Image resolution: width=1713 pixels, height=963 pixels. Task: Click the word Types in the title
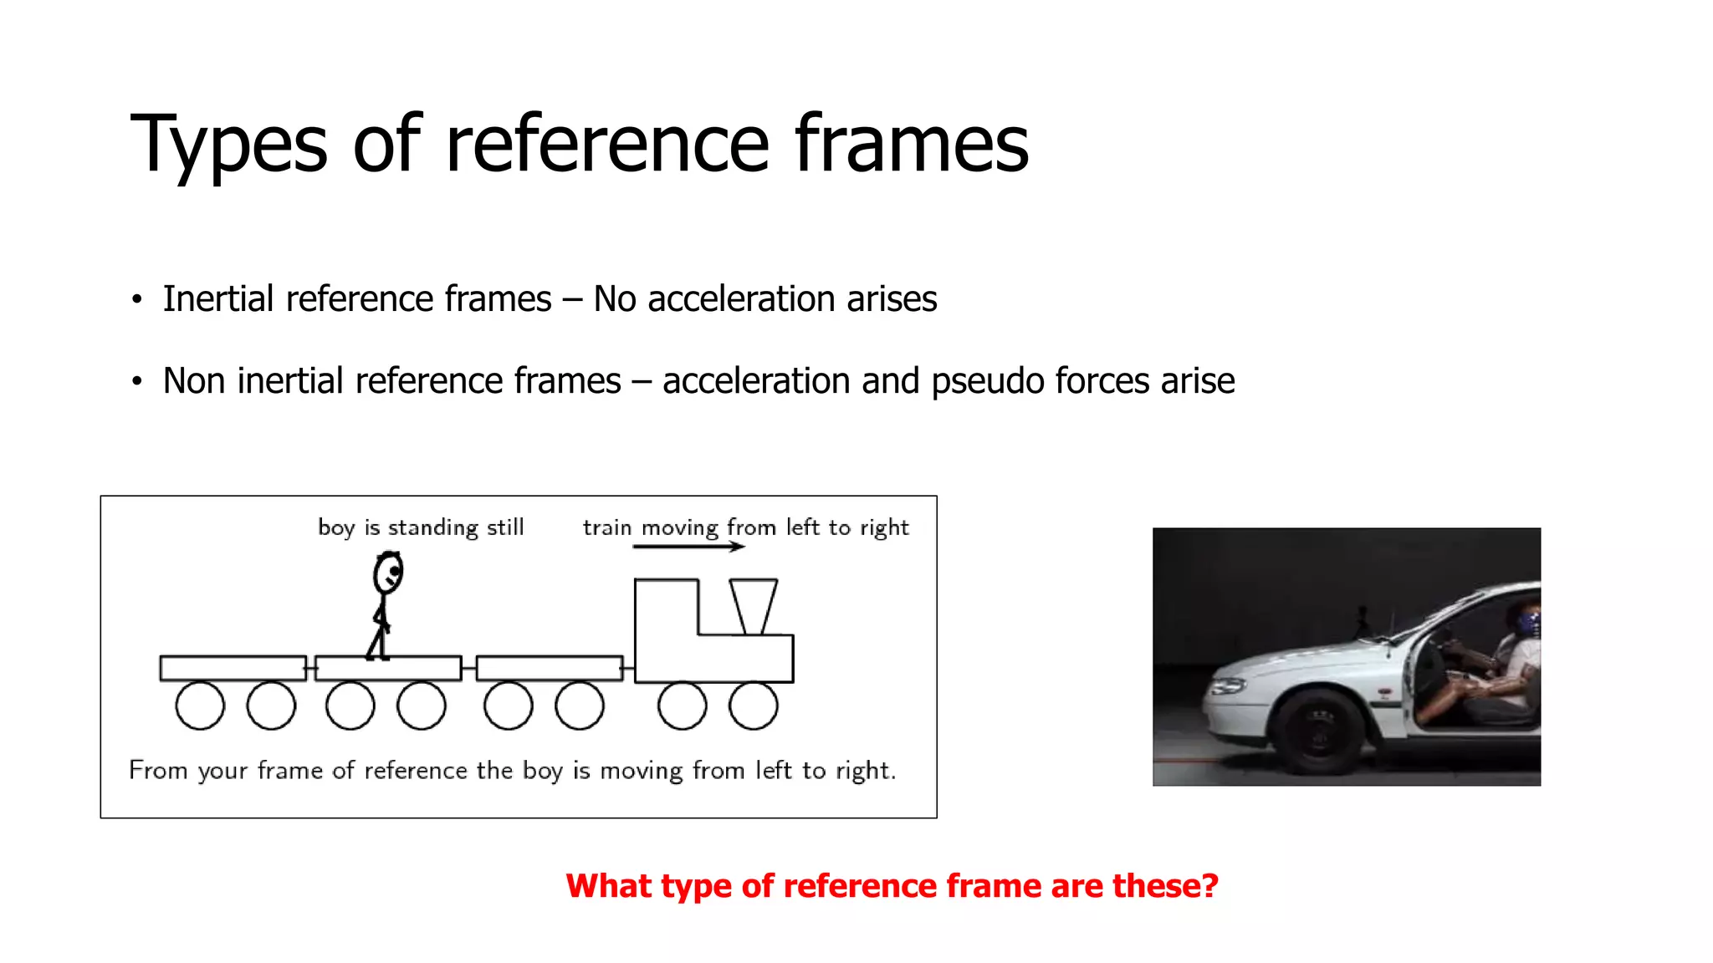click(x=228, y=145)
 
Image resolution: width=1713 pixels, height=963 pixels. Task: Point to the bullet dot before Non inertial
click(x=137, y=382)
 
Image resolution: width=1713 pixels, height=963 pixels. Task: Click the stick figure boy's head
click(x=387, y=573)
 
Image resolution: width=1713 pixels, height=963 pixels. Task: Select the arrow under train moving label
click(x=688, y=547)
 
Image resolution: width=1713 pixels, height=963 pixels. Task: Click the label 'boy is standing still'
click(x=421, y=527)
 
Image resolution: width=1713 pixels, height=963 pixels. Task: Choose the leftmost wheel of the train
click(x=200, y=706)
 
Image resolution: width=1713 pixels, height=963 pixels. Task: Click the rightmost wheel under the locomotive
click(x=753, y=706)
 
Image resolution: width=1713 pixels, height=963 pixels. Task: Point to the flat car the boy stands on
click(x=388, y=668)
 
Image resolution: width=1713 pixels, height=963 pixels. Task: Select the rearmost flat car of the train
click(x=233, y=668)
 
